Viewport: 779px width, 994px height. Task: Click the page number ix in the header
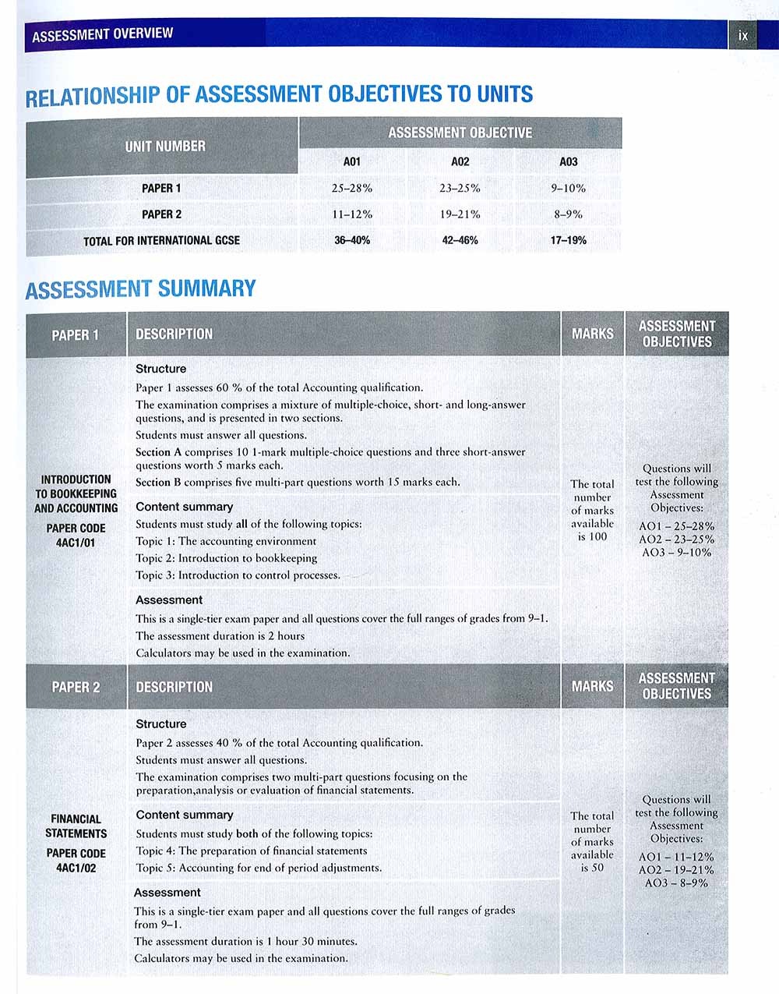click(x=743, y=36)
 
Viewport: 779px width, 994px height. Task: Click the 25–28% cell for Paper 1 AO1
click(x=352, y=188)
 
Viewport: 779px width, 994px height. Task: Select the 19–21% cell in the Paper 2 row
click(x=460, y=214)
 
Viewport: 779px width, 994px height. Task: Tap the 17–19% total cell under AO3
click(x=568, y=240)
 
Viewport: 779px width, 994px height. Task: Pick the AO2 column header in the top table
click(x=460, y=162)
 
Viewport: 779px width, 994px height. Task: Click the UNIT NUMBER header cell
click(x=165, y=147)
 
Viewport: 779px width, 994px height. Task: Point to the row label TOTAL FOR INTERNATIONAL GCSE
click(x=161, y=241)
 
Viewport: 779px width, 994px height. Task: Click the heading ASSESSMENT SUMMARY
click(x=140, y=289)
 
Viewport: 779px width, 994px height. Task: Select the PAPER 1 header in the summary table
click(x=76, y=335)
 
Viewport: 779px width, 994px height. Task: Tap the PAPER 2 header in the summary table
click(x=76, y=687)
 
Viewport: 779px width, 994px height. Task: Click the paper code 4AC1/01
click(x=76, y=543)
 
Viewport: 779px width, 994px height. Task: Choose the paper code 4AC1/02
click(x=76, y=868)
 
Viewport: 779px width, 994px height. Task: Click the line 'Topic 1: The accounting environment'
click(x=226, y=541)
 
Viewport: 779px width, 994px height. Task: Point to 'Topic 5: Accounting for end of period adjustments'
click(x=259, y=868)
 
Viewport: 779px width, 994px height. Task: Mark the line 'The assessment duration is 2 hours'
click(x=220, y=636)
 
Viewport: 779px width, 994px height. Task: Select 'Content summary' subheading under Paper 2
click(x=185, y=815)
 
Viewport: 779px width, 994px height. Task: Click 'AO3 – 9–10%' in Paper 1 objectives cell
click(x=676, y=553)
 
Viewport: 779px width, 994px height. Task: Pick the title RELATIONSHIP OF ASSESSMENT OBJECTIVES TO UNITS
click(x=279, y=96)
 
